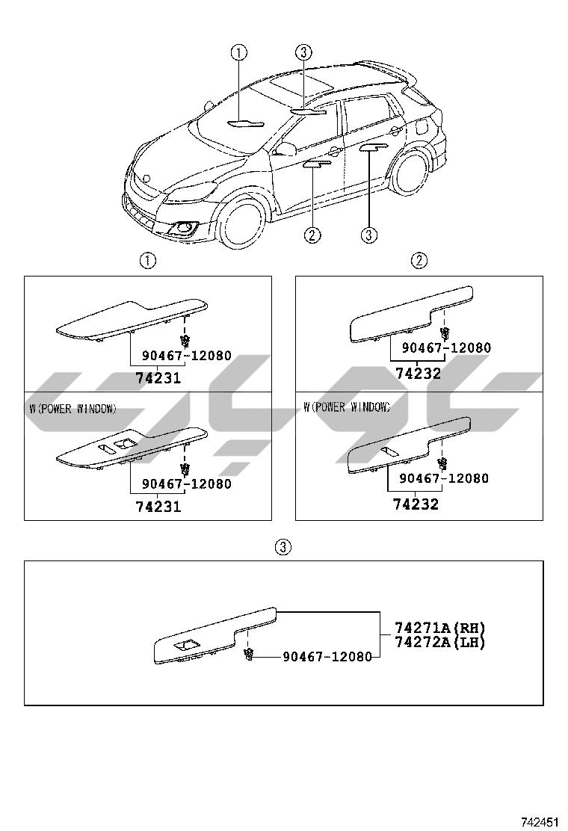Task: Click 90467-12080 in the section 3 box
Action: pos(327,656)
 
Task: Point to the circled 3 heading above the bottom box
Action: pos(283,547)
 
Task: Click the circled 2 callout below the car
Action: pos(312,235)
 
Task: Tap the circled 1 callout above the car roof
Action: pos(238,52)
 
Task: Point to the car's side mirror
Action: pos(284,149)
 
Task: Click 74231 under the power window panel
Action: pos(158,507)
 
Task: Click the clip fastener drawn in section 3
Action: pos(249,655)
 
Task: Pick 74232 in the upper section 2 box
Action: pos(419,373)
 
